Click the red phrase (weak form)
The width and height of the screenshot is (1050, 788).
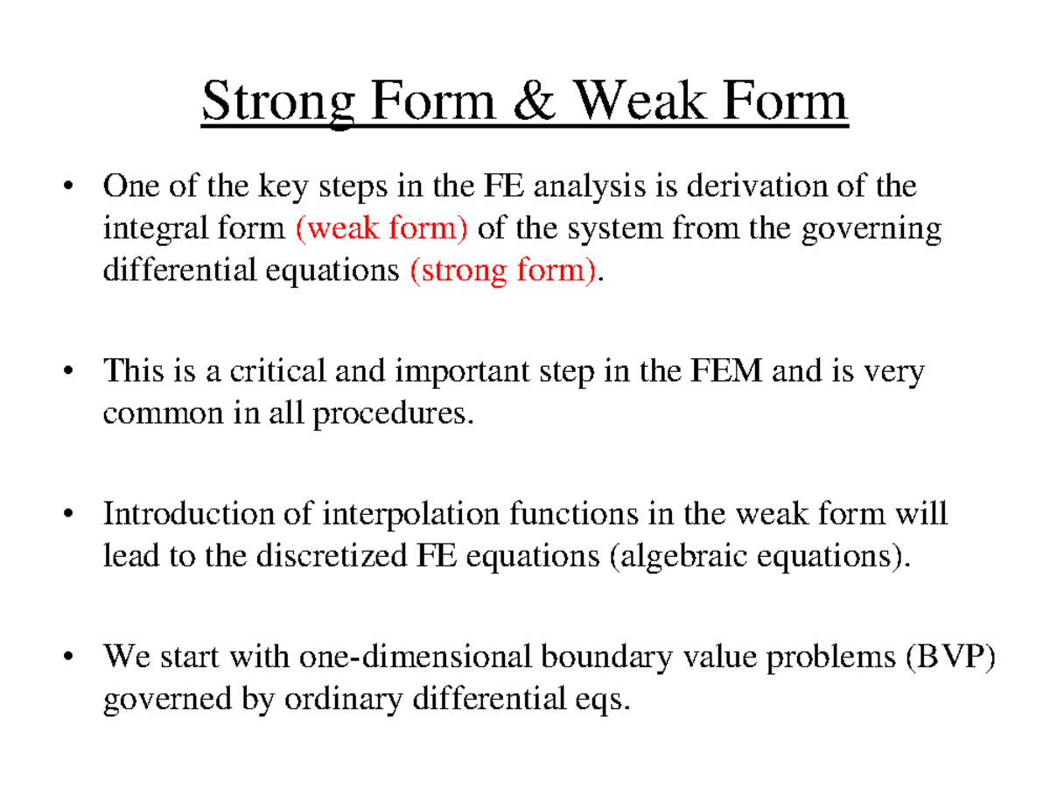(x=382, y=229)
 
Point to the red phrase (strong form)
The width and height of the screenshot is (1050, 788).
(x=505, y=271)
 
